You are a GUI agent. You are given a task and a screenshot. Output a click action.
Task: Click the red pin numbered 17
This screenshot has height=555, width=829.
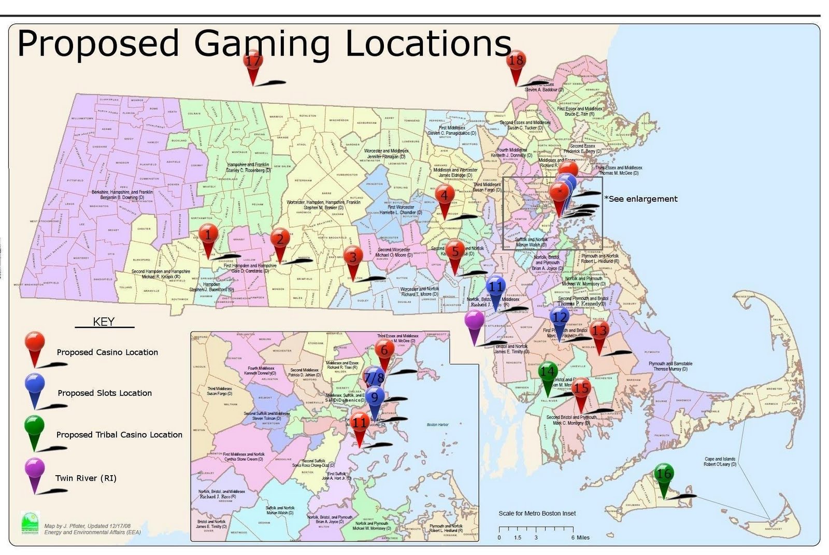[x=253, y=62]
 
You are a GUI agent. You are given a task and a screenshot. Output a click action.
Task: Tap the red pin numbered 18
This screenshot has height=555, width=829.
[x=516, y=62]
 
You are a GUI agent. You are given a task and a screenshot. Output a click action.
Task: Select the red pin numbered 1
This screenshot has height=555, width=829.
[x=208, y=236]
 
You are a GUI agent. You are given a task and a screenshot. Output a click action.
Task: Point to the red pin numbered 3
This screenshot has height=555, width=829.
[x=353, y=257]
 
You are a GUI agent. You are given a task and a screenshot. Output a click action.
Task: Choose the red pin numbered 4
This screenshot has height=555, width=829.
[x=444, y=197]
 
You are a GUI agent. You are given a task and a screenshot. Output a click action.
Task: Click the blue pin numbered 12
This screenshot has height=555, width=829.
[x=559, y=317]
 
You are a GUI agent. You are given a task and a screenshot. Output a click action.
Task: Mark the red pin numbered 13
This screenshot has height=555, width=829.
[x=599, y=330]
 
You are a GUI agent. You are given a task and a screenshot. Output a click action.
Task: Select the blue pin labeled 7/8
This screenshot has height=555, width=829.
[x=374, y=378]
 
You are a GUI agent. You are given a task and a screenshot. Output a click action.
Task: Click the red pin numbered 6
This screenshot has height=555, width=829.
[x=384, y=350]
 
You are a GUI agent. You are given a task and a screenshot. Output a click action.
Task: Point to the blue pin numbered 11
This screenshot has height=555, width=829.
[x=495, y=287]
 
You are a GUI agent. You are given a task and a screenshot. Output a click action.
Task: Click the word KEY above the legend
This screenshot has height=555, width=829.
[x=104, y=322]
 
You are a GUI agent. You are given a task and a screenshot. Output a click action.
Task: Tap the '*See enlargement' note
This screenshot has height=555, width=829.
[x=641, y=199]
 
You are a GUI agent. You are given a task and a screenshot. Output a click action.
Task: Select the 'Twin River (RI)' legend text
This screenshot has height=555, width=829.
[x=86, y=478]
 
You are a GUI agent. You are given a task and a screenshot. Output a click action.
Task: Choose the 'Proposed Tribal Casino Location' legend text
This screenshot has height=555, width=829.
[x=119, y=435]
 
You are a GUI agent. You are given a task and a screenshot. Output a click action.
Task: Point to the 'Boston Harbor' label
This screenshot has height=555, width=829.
[x=437, y=425]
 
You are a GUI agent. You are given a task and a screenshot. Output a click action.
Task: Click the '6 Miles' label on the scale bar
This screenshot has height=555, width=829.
[x=580, y=537]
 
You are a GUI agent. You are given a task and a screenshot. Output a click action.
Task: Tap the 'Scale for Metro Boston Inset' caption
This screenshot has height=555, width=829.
[x=537, y=514]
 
